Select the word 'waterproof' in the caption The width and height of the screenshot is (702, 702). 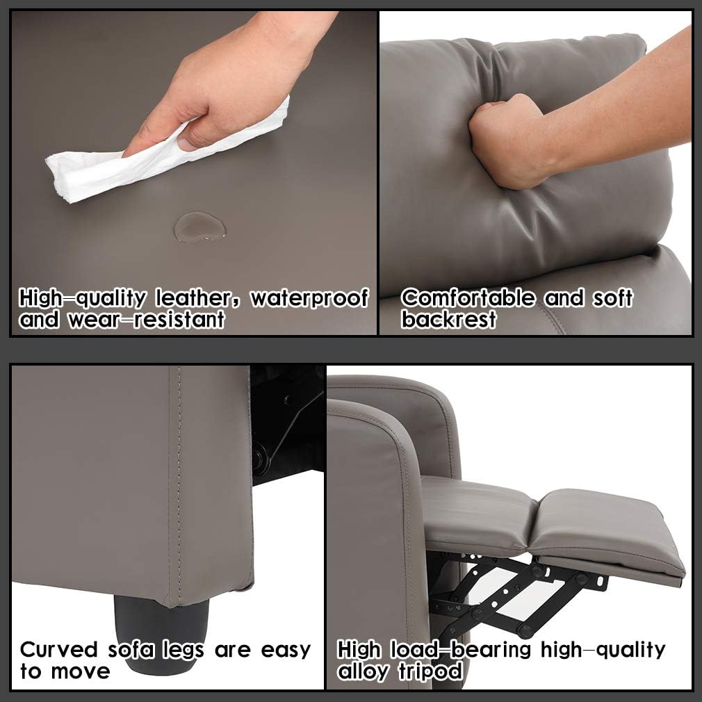coord(309,298)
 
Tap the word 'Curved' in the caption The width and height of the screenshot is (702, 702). coord(59,650)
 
